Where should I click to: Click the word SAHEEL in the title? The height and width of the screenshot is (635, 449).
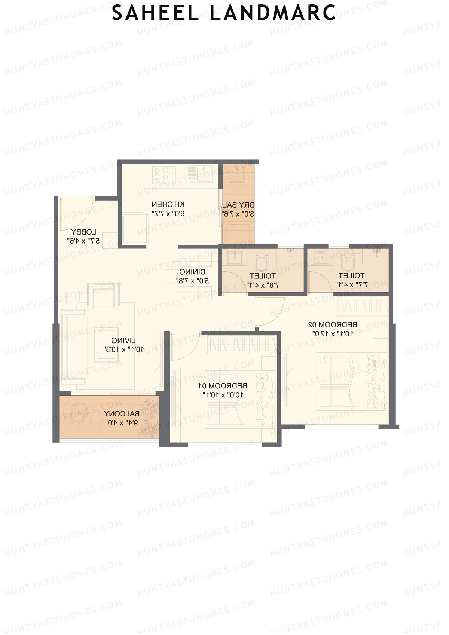tap(155, 13)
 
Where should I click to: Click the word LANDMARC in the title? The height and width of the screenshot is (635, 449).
tap(272, 13)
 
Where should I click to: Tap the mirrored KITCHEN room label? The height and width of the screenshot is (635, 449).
tap(168, 204)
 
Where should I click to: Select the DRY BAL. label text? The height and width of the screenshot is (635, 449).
tap(239, 205)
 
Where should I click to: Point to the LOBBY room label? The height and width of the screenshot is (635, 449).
tap(84, 232)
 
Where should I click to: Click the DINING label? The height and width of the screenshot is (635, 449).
tap(192, 272)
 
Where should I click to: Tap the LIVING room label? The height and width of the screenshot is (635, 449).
tap(123, 341)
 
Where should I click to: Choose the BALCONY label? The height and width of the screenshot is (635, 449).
tap(122, 414)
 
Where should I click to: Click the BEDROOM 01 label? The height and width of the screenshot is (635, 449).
tap(223, 385)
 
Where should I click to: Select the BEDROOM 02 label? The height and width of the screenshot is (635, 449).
tap(332, 324)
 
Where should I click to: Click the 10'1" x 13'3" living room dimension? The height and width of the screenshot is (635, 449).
tap(123, 349)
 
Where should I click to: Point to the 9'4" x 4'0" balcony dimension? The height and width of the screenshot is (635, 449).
tap(122, 423)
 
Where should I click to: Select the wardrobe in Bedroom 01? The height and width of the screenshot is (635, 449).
tap(241, 344)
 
